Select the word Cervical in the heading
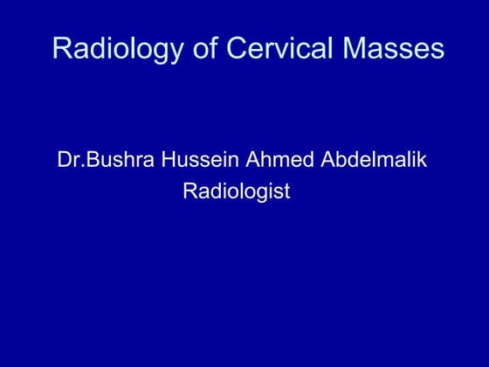(272, 49)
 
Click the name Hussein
(194, 162)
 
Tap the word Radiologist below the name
(236, 191)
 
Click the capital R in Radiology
(61, 49)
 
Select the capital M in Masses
(351, 49)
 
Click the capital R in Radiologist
(189, 191)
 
